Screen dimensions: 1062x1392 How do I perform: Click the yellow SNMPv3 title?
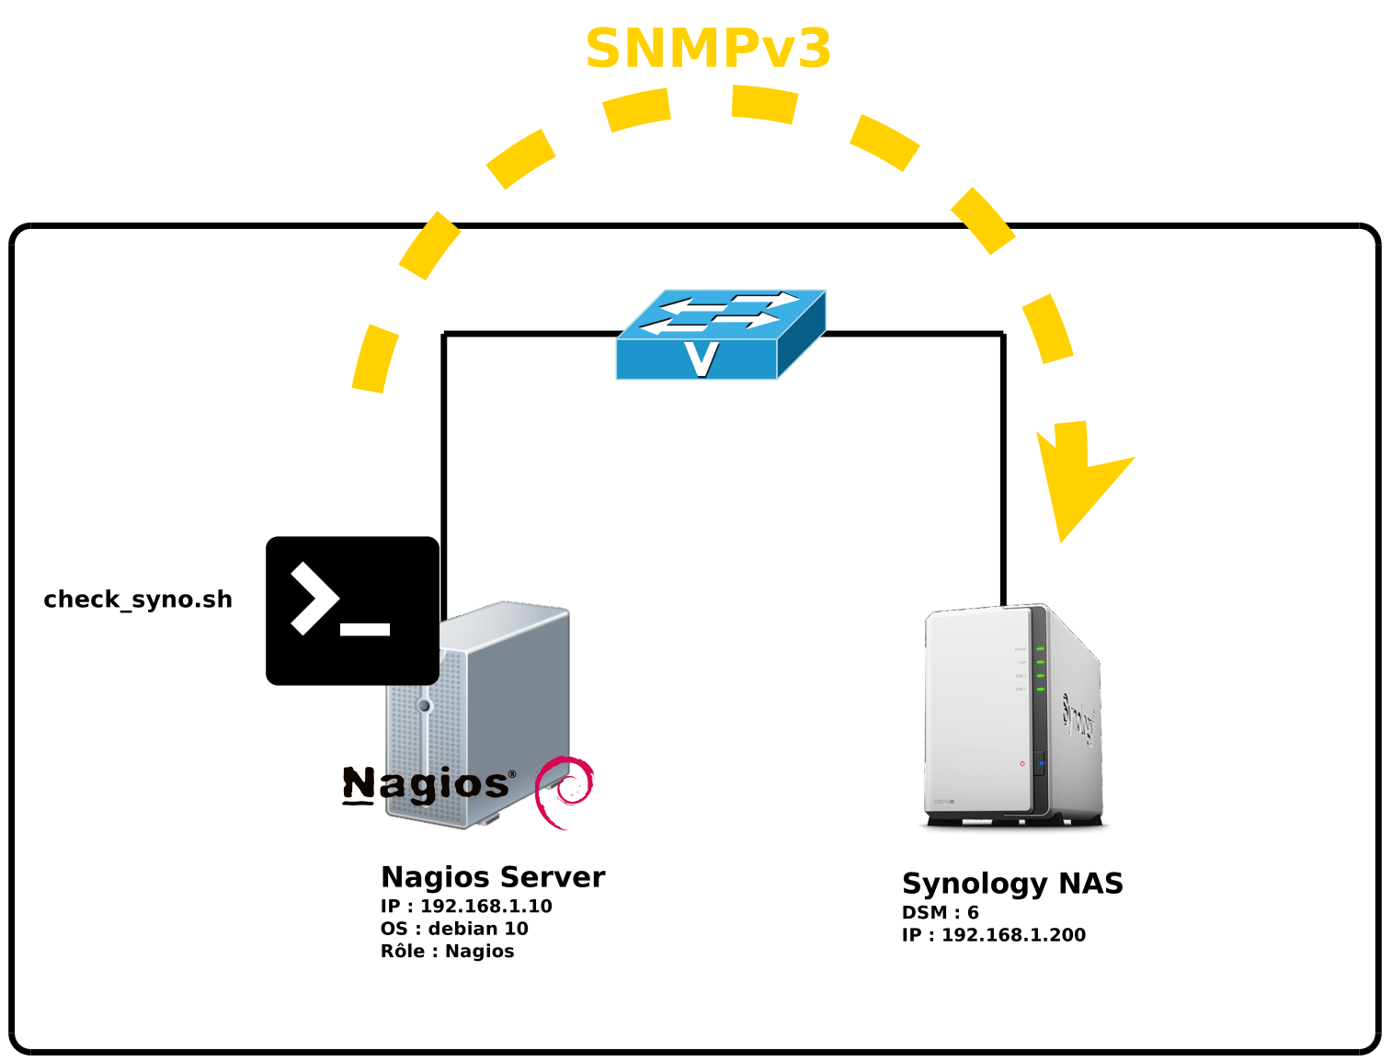pos(708,50)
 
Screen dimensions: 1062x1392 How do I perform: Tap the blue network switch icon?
pos(720,336)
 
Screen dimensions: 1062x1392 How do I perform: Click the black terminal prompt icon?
pos(352,611)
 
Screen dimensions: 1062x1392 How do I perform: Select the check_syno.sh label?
pos(138,600)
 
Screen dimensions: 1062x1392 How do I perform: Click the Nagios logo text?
pos(425,784)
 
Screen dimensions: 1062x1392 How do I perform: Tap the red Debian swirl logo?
pos(565,791)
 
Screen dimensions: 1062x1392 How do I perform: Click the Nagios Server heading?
pos(493,877)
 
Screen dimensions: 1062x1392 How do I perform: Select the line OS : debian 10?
pos(454,929)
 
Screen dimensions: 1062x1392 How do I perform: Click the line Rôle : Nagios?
pos(447,952)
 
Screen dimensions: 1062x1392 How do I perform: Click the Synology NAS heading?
pos(1012,884)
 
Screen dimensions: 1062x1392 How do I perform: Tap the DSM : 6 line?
pos(940,913)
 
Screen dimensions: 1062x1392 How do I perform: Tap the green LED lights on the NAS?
pos(1040,668)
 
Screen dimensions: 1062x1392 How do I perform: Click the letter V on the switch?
pos(702,359)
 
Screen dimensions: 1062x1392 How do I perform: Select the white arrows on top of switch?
pos(720,312)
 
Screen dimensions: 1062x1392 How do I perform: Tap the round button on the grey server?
pos(424,705)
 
